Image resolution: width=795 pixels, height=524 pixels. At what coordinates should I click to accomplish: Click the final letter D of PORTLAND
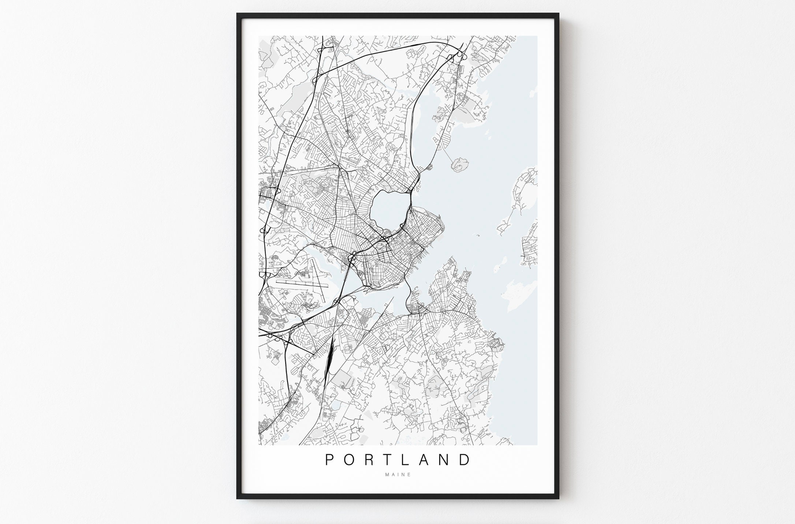pos(465,460)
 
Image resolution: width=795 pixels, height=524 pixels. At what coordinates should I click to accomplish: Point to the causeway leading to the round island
pos(449,152)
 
